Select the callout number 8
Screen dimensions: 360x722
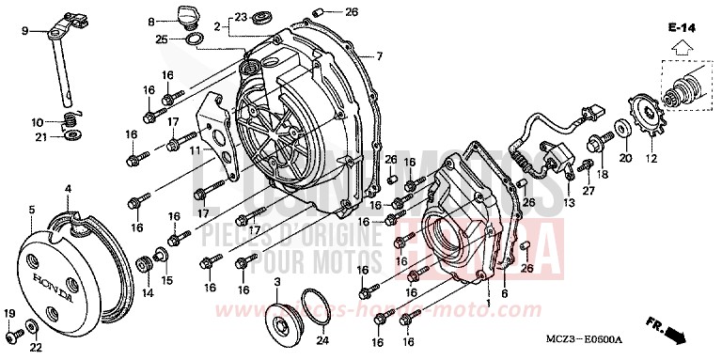(x=150, y=21)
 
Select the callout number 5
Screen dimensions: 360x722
(x=31, y=209)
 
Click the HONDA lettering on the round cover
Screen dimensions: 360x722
(x=54, y=278)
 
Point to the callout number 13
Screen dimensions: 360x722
(x=569, y=203)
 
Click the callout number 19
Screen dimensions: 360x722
(x=10, y=313)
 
